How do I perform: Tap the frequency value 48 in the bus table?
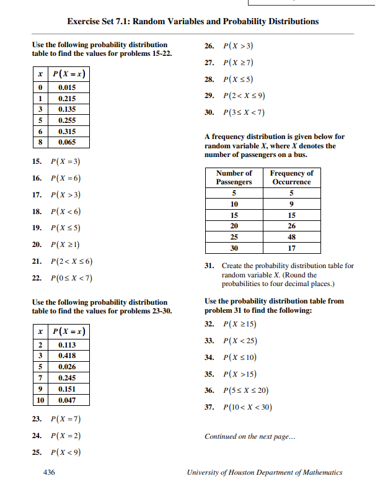click(x=292, y=237)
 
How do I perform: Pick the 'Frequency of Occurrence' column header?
click(x=292, y=177)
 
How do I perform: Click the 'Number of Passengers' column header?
click(x=234, y=177)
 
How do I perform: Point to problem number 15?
click(x=38, y=162)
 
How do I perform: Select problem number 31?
click(x=210, y=266)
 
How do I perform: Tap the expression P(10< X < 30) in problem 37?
click(x=247, y=407)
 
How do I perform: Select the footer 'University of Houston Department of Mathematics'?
click(x=264, y=472)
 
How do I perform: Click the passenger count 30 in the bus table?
click(x=234, y=248)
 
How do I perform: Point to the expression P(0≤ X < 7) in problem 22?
click(x=73, y=277)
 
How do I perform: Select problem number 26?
click(x=210, y=47)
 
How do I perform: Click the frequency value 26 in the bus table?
click(x=292, y=226)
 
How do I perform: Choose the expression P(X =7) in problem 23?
click(x=67, y=419)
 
